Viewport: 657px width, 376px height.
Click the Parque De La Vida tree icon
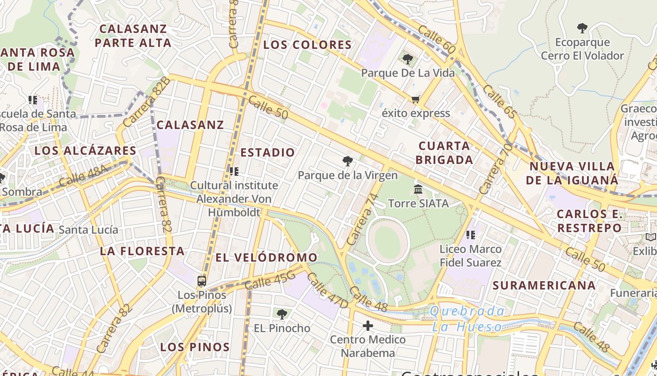tap(407, 59)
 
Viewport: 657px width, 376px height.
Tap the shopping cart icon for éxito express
tap(415, 99)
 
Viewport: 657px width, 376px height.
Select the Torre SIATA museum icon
tap(418, 189)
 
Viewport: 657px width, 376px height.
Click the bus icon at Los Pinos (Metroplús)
tap(202, 281)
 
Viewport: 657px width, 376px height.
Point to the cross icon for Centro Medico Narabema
tap(368, 325)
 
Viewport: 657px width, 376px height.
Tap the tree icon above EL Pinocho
tap(282, 314)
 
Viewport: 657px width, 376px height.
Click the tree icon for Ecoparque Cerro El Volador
tap(582, 28)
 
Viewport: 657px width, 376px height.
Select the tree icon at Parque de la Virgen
tap(347, 162)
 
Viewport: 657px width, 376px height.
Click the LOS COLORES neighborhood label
tap(307, 45)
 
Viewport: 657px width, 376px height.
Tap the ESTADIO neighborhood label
tap(267, 152)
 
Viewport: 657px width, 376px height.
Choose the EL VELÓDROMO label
tap(266, 258)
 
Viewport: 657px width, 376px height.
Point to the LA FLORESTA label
tap(142, 251)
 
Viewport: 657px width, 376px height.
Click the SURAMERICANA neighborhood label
tap(544, 285)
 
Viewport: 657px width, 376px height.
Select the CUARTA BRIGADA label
tap(444, 153)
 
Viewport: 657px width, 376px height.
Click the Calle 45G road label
tap(270, 281)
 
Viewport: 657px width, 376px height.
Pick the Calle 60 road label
tap(436, 39)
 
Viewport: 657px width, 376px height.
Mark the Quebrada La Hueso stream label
tap(467, 319)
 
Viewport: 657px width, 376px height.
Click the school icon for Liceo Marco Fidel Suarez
tap(471, 235)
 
